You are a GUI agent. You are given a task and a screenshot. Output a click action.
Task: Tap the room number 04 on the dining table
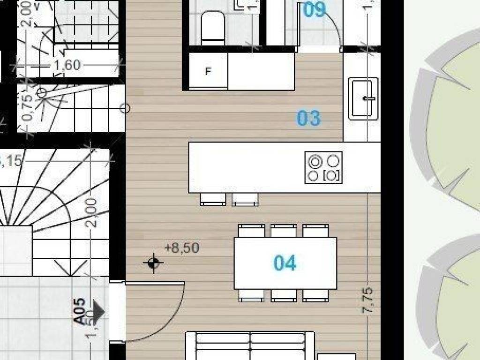[x=285, y=263]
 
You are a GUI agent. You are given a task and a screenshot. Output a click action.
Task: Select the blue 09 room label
[x=314, y=9]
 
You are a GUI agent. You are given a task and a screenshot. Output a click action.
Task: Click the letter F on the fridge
[x=208, y=72]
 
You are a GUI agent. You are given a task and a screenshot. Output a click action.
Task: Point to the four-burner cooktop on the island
[x=323, y=167]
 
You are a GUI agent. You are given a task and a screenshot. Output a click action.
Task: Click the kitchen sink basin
[x=363, y=98]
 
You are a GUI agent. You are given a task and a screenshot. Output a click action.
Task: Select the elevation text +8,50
[x=182, y=248]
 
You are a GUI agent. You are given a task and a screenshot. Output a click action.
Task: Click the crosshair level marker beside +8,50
[x=153, y=263]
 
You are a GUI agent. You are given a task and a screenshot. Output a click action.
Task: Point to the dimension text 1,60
[x=67, y=65]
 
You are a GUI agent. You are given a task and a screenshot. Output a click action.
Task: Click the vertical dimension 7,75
[x=369, y=300]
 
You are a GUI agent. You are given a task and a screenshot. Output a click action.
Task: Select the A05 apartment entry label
[x=79, y=311]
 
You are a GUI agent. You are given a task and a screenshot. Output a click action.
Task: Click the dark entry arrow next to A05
[x=98, y=312]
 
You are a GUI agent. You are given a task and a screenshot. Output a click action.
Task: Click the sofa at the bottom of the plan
[x=251, y=346]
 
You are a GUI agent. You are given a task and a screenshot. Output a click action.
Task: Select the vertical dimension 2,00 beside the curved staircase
[x=92, y=212]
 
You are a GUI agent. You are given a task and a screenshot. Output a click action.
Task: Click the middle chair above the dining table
[x=284, y=231]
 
